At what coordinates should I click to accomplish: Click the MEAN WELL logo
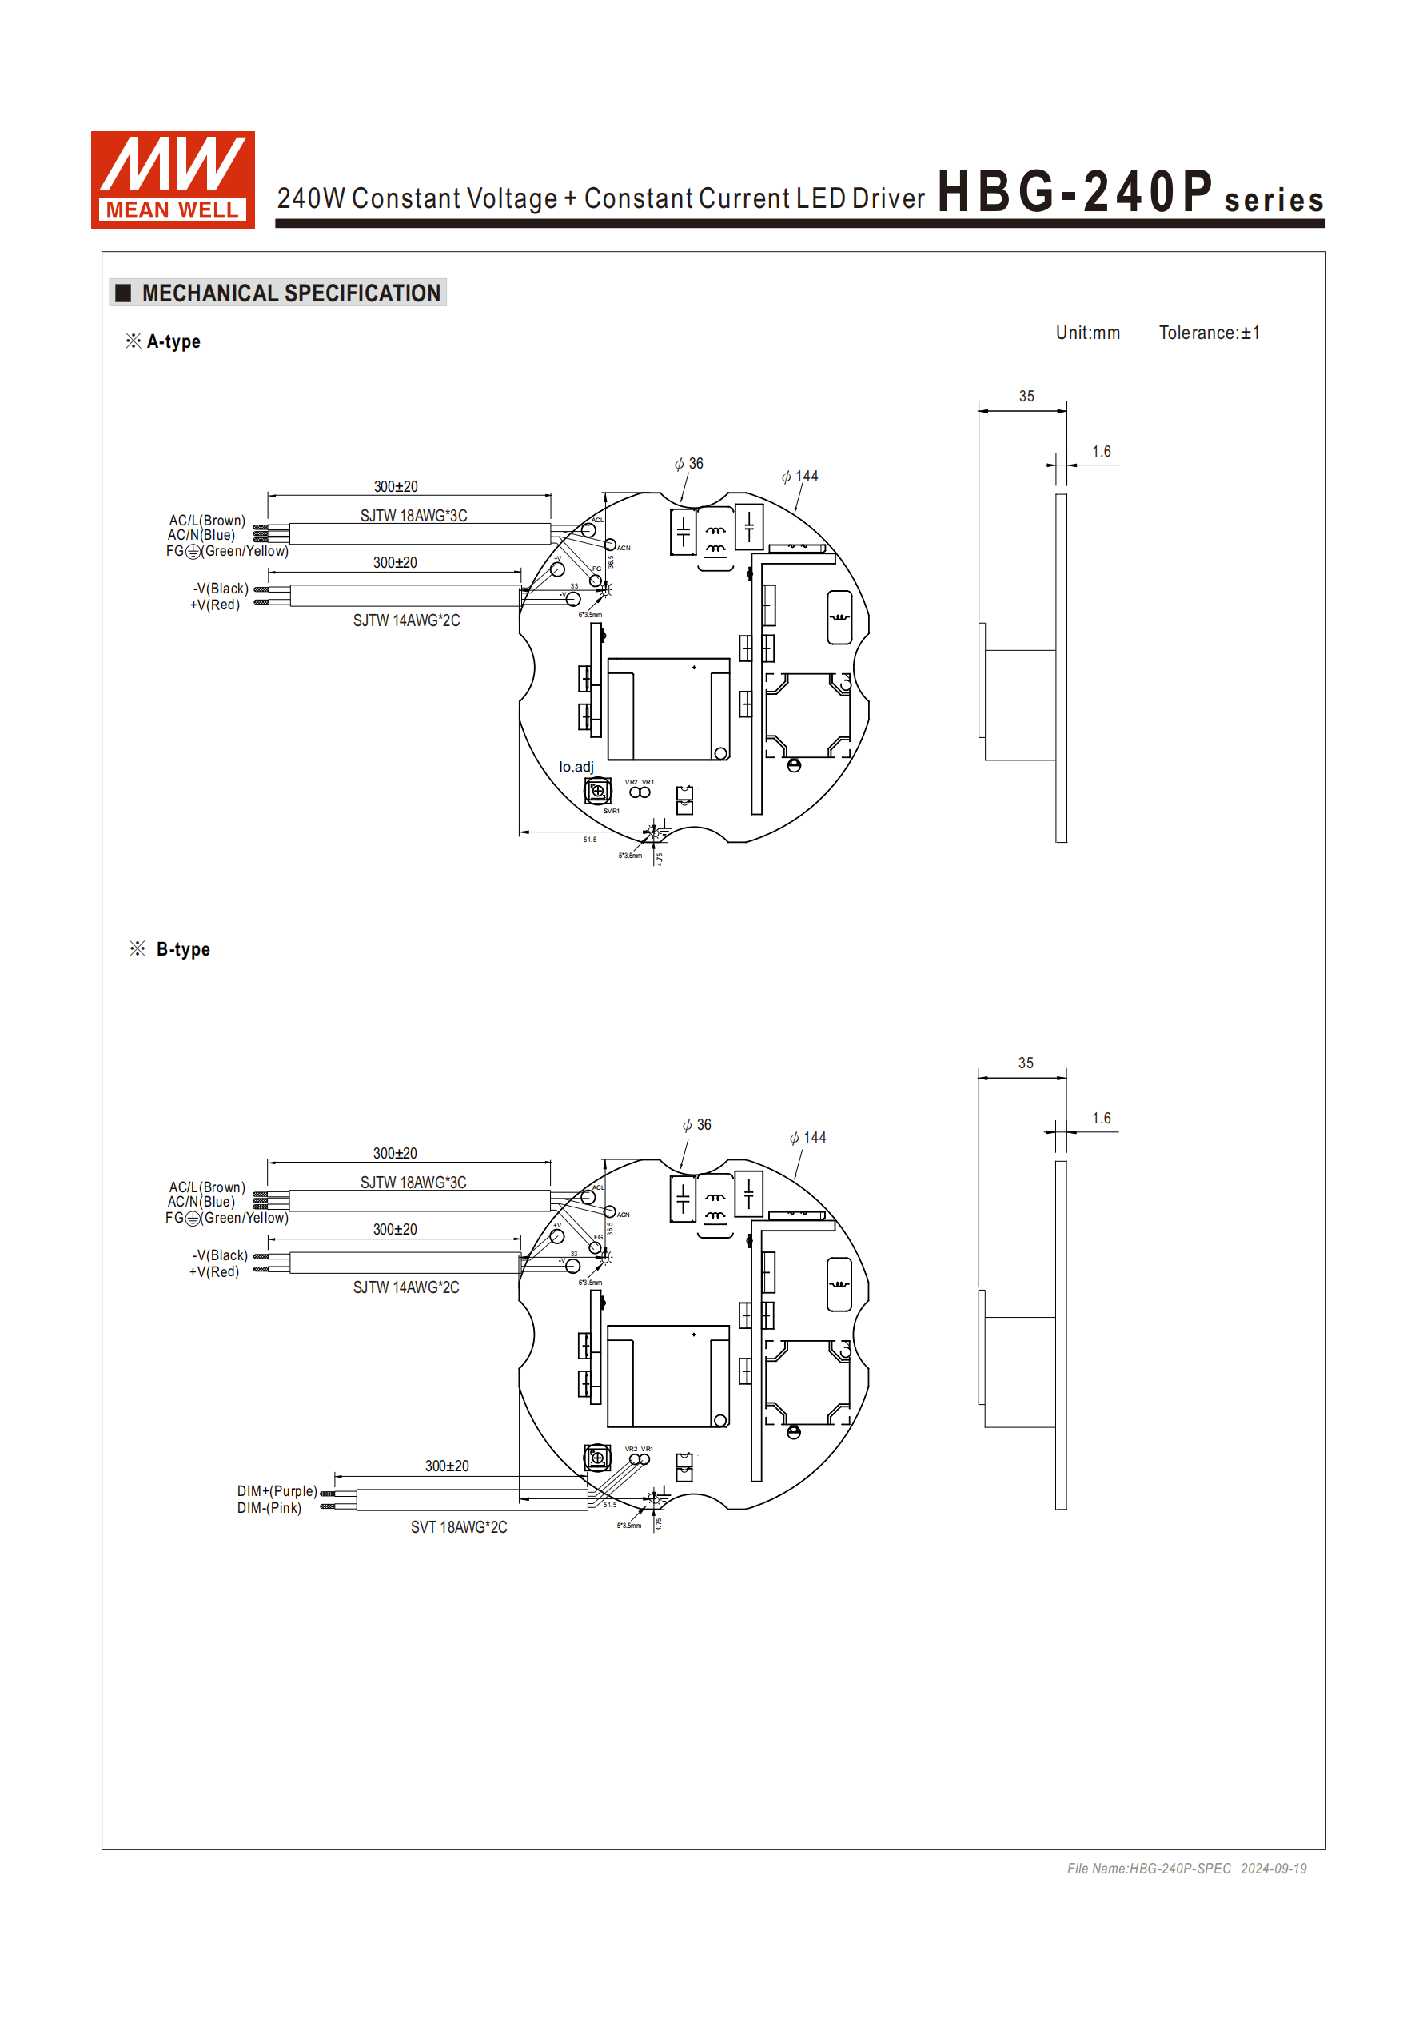tap(173, 180)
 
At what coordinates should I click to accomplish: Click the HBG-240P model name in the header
tap(1074, 192)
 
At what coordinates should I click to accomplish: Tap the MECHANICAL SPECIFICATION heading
tap(290, 293)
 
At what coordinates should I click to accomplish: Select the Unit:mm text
tap(1087, 333)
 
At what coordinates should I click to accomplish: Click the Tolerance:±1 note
tap(1209, 333)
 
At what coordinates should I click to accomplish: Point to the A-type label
tap(173, 341)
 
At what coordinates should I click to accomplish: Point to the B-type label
tap(183, 949)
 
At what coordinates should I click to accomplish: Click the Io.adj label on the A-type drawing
tap(576, 767)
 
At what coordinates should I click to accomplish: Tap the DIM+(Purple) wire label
tap(277, 1490)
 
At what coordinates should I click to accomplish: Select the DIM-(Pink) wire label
tap(269, 1507)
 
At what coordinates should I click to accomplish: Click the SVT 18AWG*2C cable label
tap(458, 1526)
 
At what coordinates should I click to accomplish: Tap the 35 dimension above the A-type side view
tap(1026, 397)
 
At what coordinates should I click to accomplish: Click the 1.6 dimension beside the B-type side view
tap(1101, 1119)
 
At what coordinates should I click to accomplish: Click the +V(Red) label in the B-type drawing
tap(213, 1271)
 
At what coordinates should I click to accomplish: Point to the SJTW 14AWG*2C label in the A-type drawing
tap(406, 620)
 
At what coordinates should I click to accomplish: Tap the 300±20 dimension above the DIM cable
tap(447, 1466)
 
